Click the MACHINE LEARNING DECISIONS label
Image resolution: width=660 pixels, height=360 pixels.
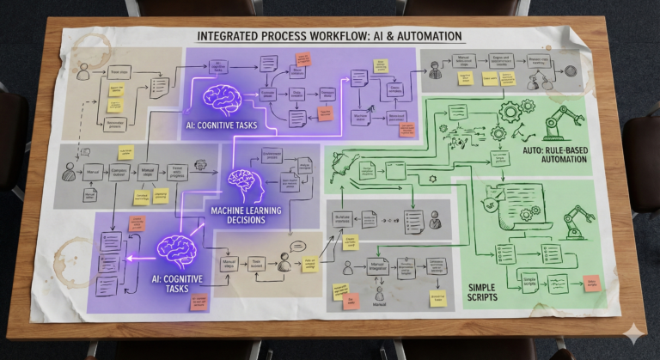point(247,214)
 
